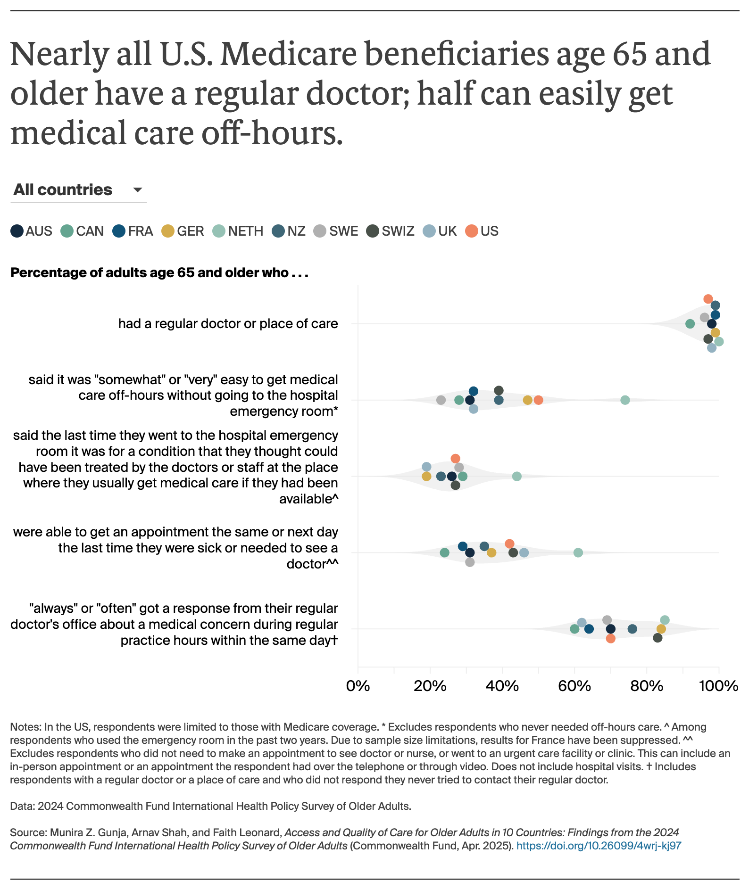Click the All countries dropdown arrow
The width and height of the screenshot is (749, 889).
coord(137,190)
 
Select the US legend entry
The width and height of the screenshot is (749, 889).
coord(482,231)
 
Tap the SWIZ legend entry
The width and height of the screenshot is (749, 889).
coord(391,231)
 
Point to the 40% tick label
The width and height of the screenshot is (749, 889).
coord(502,686)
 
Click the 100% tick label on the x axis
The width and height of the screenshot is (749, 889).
coord(718,686)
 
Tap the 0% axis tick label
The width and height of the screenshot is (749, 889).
coord(358,686)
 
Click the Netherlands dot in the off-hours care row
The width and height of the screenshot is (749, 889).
coord(625,400)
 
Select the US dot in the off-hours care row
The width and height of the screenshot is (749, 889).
coord(538,400)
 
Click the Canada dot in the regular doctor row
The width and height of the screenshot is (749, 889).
coord(690,324)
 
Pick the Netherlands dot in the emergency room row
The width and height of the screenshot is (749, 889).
coord(516,476)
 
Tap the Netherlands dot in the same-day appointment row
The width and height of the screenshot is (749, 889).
coord(578,552)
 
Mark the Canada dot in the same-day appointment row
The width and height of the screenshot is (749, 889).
coord(444,552)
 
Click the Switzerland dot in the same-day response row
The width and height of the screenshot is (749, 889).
coord(657,638)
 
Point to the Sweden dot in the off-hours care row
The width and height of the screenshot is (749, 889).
coord(441,400)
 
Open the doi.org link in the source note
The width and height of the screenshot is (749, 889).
coord(599,846)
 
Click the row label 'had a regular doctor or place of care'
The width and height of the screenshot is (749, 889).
coord(228,324)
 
